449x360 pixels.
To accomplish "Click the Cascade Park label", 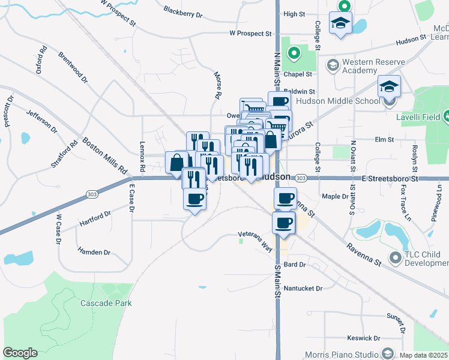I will point(106,303).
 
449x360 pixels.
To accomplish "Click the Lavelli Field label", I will point(419,116).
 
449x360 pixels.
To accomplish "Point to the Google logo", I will point(20,353).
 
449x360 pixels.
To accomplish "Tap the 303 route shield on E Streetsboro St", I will point(301,178).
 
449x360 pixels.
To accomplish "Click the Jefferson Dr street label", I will point(42,120).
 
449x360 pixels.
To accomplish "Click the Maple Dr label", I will point(335,196).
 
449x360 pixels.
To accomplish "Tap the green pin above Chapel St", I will point(294,54).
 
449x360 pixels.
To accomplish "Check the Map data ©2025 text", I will point(424,355).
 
